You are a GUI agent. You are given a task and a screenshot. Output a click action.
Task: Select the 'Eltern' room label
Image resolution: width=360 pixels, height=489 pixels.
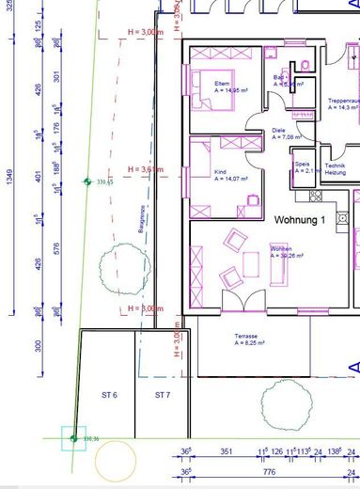196,84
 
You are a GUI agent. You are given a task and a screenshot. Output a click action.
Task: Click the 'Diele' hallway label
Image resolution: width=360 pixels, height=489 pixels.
278,131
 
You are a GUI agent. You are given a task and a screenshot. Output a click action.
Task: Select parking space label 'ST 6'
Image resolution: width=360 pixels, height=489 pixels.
108,395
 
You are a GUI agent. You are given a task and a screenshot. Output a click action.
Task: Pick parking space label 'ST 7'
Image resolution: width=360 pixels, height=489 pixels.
163,395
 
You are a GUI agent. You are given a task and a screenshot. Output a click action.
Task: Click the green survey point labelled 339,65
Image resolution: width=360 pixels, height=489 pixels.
87,181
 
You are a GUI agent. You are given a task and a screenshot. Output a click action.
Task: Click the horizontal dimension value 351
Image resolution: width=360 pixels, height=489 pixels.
226,451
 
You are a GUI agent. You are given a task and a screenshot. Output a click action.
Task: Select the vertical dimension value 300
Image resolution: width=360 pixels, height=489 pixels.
39,346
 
